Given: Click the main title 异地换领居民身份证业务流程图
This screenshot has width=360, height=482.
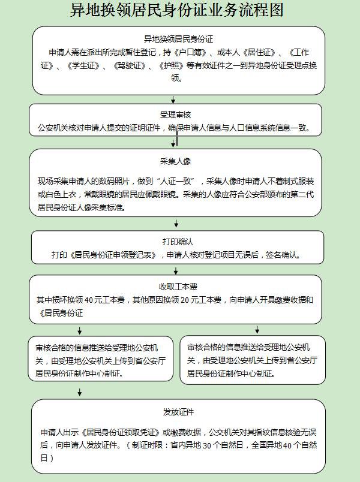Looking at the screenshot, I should pyautogui.click(x=177, y=11).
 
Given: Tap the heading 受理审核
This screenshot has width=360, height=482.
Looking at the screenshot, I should pyautogui.click(x=176, y=115).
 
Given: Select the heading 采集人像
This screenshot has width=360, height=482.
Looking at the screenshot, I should pyautogui.click(x=176, y=162).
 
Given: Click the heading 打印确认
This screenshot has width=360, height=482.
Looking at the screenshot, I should pyautogui.click(x=177, y=242).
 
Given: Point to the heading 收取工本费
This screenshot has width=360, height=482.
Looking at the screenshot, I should pyautogui.click(x=176, y=286).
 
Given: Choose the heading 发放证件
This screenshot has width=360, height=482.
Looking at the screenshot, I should pyautogui.click(x=178, y=412).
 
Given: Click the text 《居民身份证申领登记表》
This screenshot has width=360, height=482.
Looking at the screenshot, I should pyautogui.click(x=107, y=255).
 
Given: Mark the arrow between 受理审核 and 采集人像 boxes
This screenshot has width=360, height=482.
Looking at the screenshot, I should pyautogui.click(x=174, y=142).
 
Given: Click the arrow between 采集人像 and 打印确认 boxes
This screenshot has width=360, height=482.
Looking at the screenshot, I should pyautogui.click(x=176, y=224).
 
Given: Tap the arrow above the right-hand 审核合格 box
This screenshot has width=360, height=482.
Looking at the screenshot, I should pyautogui.click(x=257, y=329).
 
